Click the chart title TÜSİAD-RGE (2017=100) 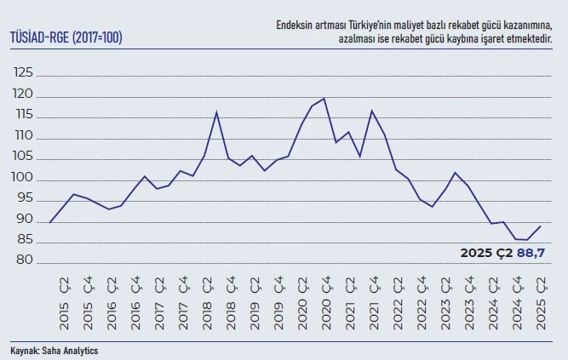66,37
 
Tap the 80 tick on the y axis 25,262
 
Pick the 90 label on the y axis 25,220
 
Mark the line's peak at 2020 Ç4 324,99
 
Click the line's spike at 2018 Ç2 217,112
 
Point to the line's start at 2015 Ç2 50,222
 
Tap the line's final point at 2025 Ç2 540,226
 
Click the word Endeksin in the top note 295,26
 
